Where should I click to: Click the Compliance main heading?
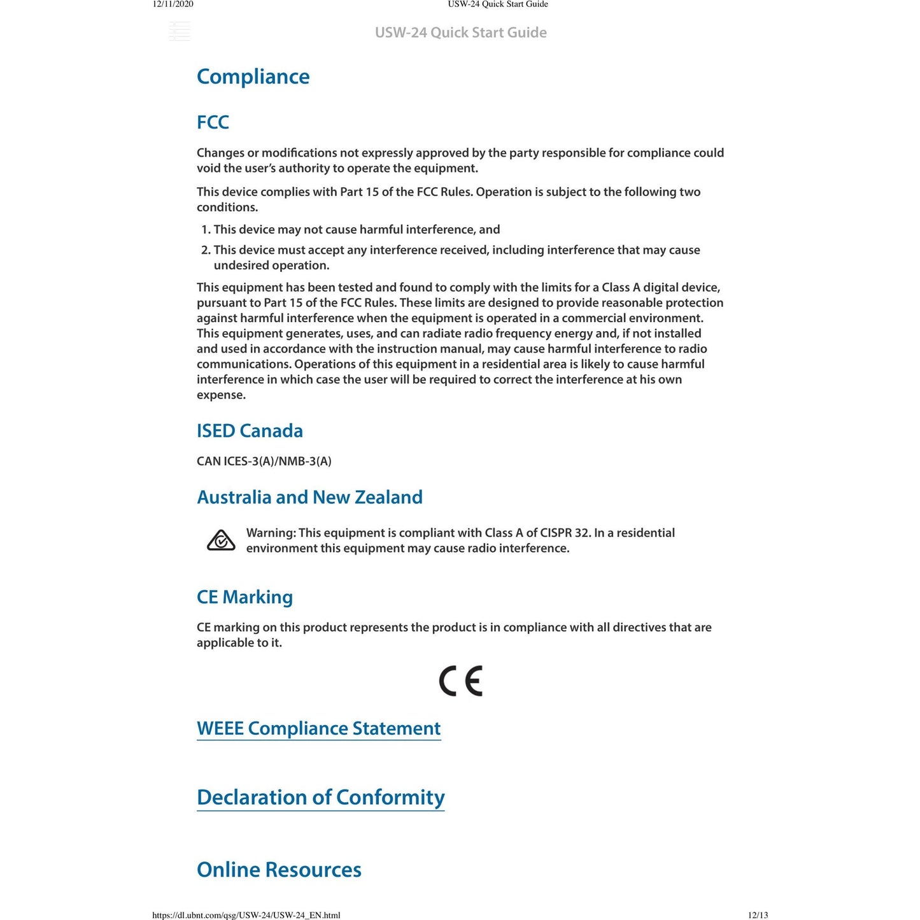coord(253,77)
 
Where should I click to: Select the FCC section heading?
coord(213,122)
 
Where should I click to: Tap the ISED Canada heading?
coord(250,431)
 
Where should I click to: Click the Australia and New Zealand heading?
coord(309,497)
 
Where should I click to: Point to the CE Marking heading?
coord(244,597)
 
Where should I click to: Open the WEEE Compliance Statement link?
coord(318,728)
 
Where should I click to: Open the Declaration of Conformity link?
coord(320,797)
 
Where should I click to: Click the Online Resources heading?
coord(279,870)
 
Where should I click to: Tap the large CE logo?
coord(461,681)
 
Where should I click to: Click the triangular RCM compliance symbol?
coord(221,541)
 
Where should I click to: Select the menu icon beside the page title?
coord(180,31)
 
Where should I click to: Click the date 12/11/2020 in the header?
coord(173,4)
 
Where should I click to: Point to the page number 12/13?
coord(758,916)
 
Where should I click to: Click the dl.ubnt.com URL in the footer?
coord(246,916)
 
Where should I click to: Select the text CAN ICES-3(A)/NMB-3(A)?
coord(264,462)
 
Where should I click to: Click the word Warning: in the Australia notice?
coord(271,533)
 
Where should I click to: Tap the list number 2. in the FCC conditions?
coord(206,250)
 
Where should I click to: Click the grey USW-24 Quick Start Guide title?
coord(460,32)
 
